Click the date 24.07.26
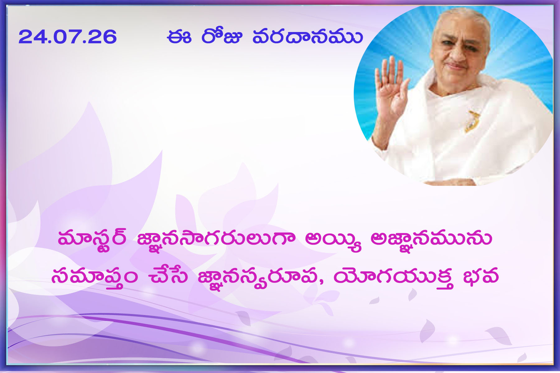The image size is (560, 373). click(68, 37)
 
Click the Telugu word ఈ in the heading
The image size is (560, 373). click(179, 36)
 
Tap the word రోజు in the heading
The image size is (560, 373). click(222, 36)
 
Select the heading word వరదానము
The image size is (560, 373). click(307, 36)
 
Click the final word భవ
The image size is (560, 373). click(481, 275)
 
